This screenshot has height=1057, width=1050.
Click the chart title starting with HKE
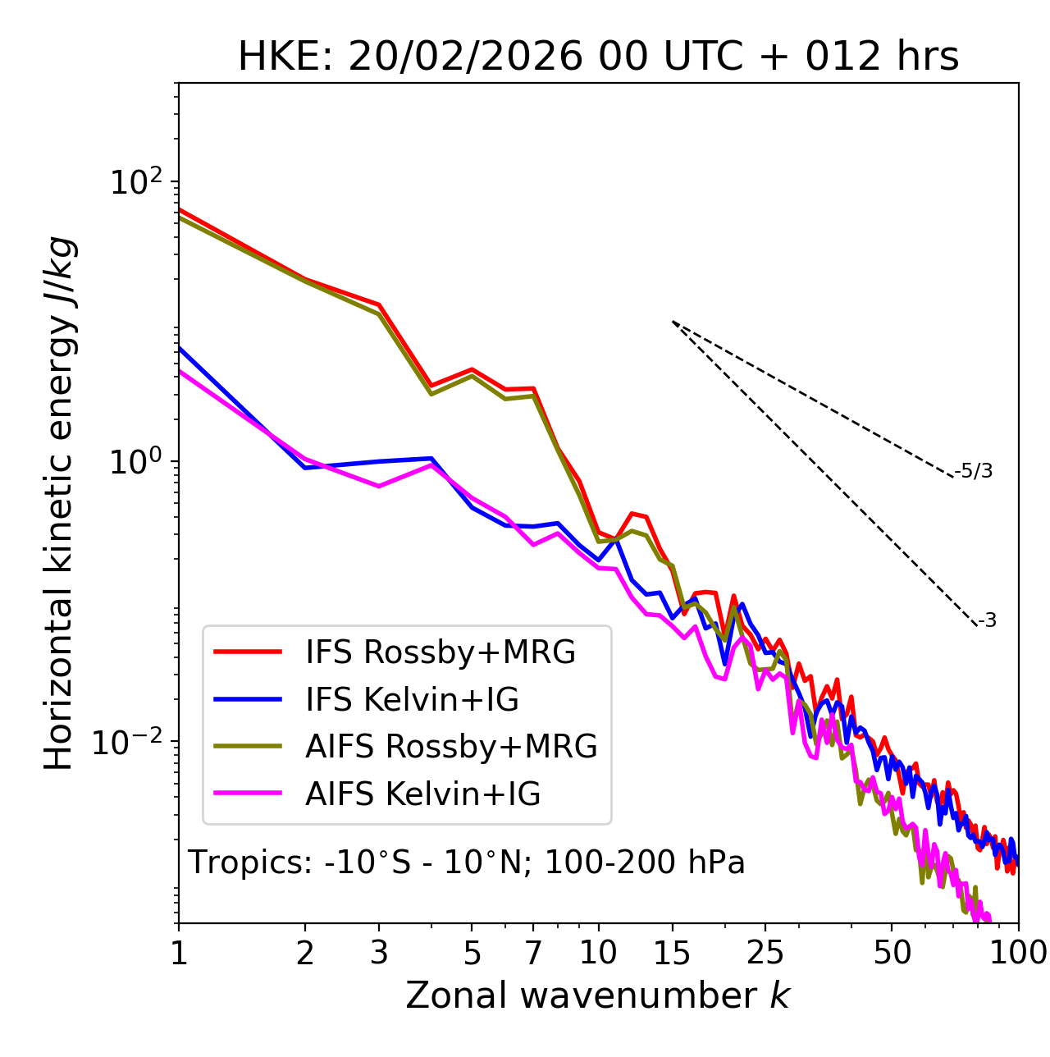click(x=598, y=57)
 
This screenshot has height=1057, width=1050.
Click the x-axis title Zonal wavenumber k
click(x=597, y=995)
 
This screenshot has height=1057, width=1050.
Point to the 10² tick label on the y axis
click(x=135, y=182)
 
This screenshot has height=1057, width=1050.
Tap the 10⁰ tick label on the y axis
click(x=135, y=462)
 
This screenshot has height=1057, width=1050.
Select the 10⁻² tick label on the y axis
click(x=131, y=743)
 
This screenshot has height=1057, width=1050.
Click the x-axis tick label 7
click(x=533, y=953)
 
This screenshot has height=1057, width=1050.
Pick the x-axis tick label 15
click(x=672, y=953)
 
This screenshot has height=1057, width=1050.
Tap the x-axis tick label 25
click(x=765, y=953)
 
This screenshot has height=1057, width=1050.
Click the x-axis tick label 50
click(x=892, y=953)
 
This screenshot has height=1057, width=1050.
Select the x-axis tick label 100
click(x=1017, y=953)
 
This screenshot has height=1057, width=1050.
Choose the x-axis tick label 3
click(x=379, y=953)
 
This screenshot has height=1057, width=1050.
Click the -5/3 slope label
click(x=974, y=471)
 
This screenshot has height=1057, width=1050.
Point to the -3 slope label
click(x=987, y=620)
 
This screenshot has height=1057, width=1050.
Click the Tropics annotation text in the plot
click(x=467, y=863)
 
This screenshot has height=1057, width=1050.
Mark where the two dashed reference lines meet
click(x=673, y=322)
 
